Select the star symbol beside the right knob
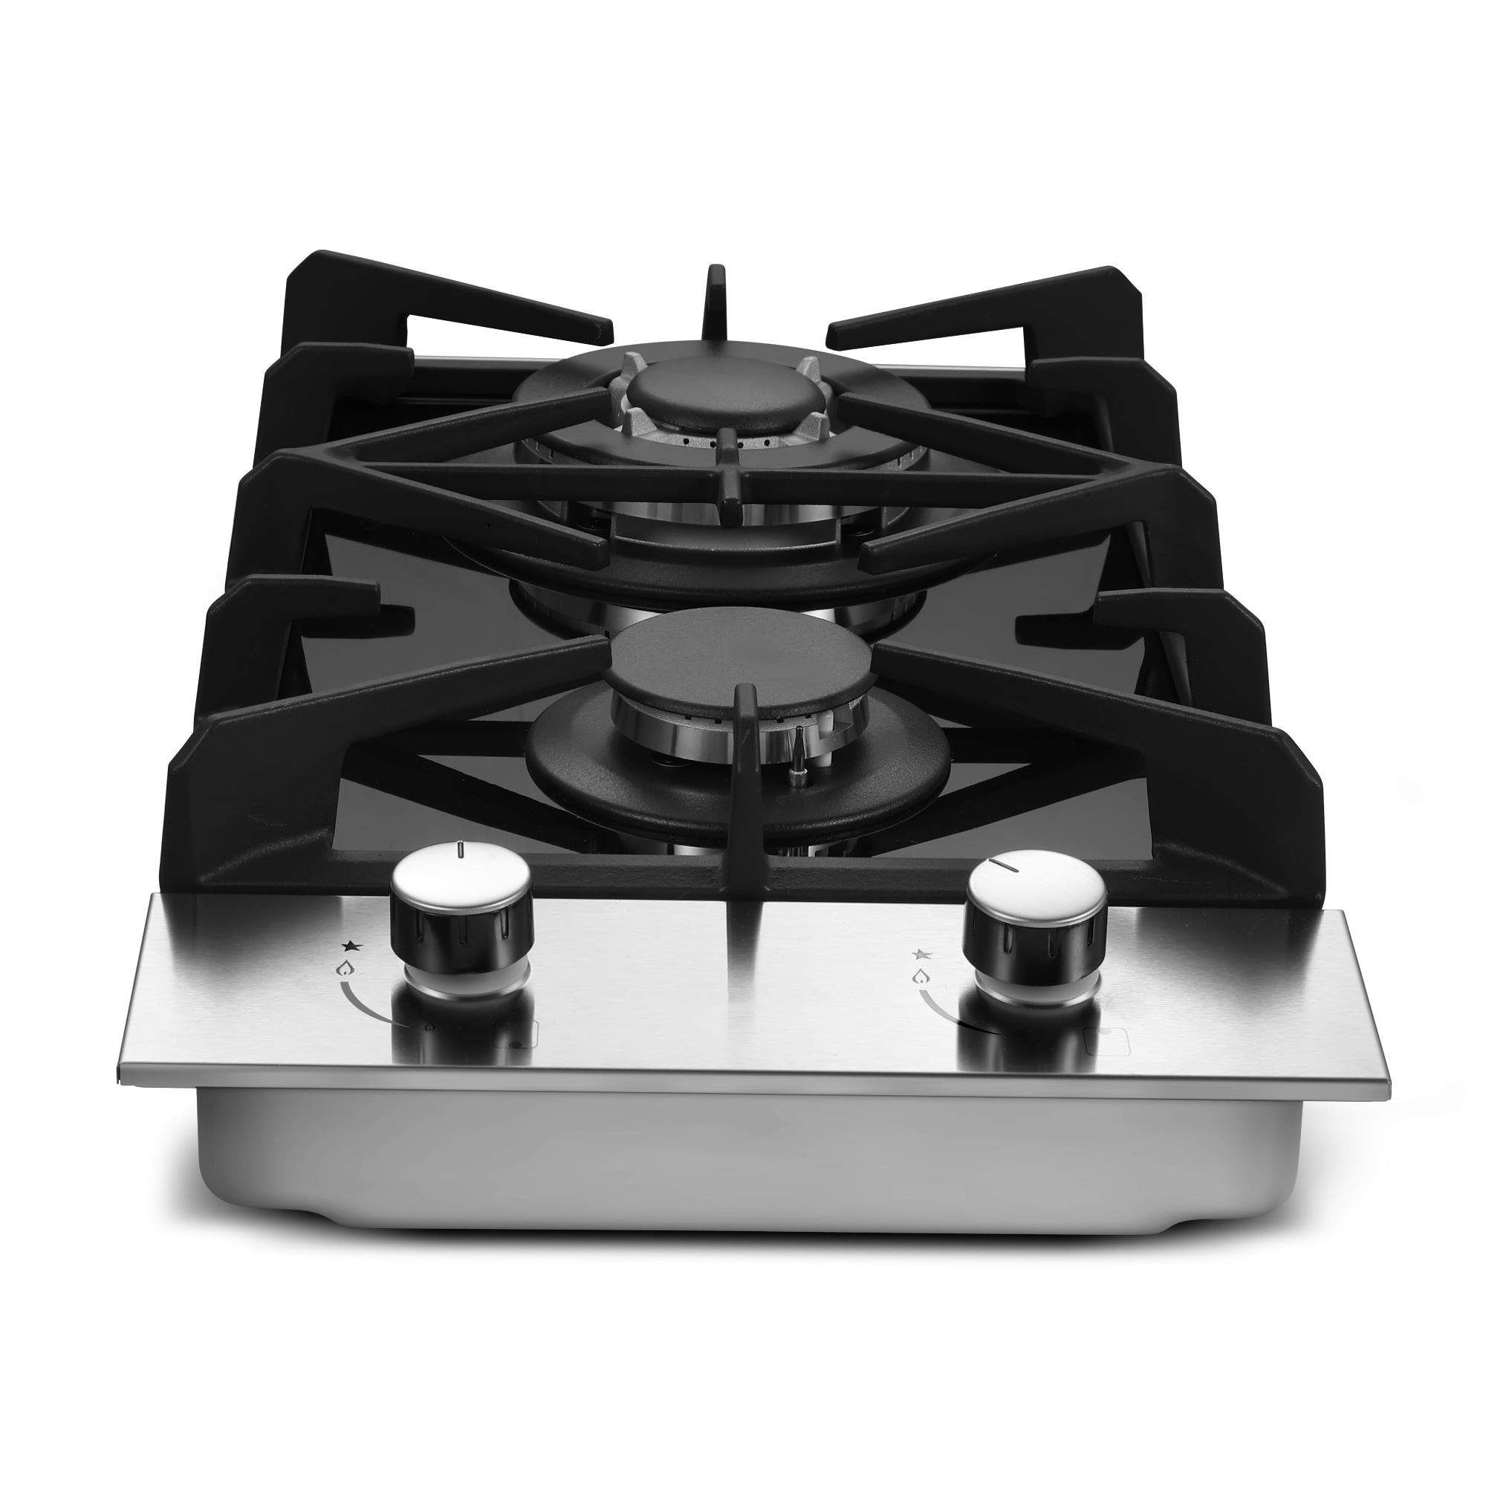click(x=920, y=954)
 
